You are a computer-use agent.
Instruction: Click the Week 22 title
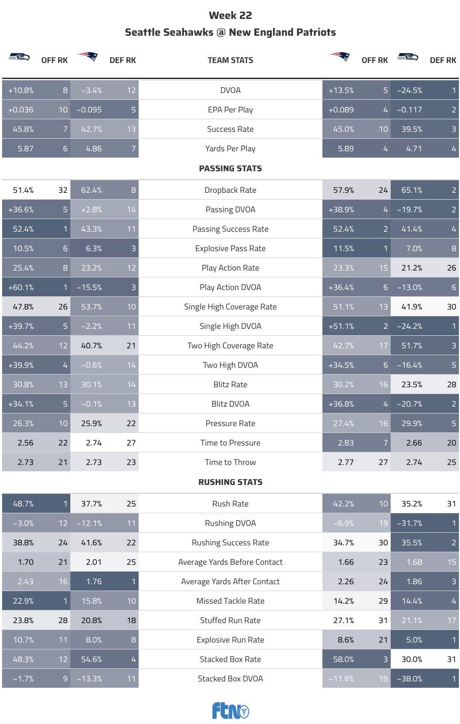click(x=230, y=15)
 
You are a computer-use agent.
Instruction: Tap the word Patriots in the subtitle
click(x=315, y=32)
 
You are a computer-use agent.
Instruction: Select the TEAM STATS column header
click(x=230, y=60)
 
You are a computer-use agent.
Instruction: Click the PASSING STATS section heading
click(x=230, y=169)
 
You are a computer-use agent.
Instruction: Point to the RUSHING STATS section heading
click(x=230, y=482)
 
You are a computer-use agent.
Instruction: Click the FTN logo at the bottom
click(x=230, y=711)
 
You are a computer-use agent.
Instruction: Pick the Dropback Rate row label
click(x=230, y=190)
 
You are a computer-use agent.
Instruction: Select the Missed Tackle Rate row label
click(x=230, y=601)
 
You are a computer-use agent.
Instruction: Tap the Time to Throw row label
click(x=230, y=462)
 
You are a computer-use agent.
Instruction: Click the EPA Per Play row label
click(x=230, y=110)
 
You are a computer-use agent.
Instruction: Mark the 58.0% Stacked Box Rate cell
click(x=343, y=659)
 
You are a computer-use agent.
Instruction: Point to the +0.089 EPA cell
click(x=341, y=110)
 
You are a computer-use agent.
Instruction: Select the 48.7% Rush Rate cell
click(x=23, y=504)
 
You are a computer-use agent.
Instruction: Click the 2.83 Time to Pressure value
click(x=346, y=443)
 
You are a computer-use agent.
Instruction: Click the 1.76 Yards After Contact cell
click(x=93, y=582)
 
